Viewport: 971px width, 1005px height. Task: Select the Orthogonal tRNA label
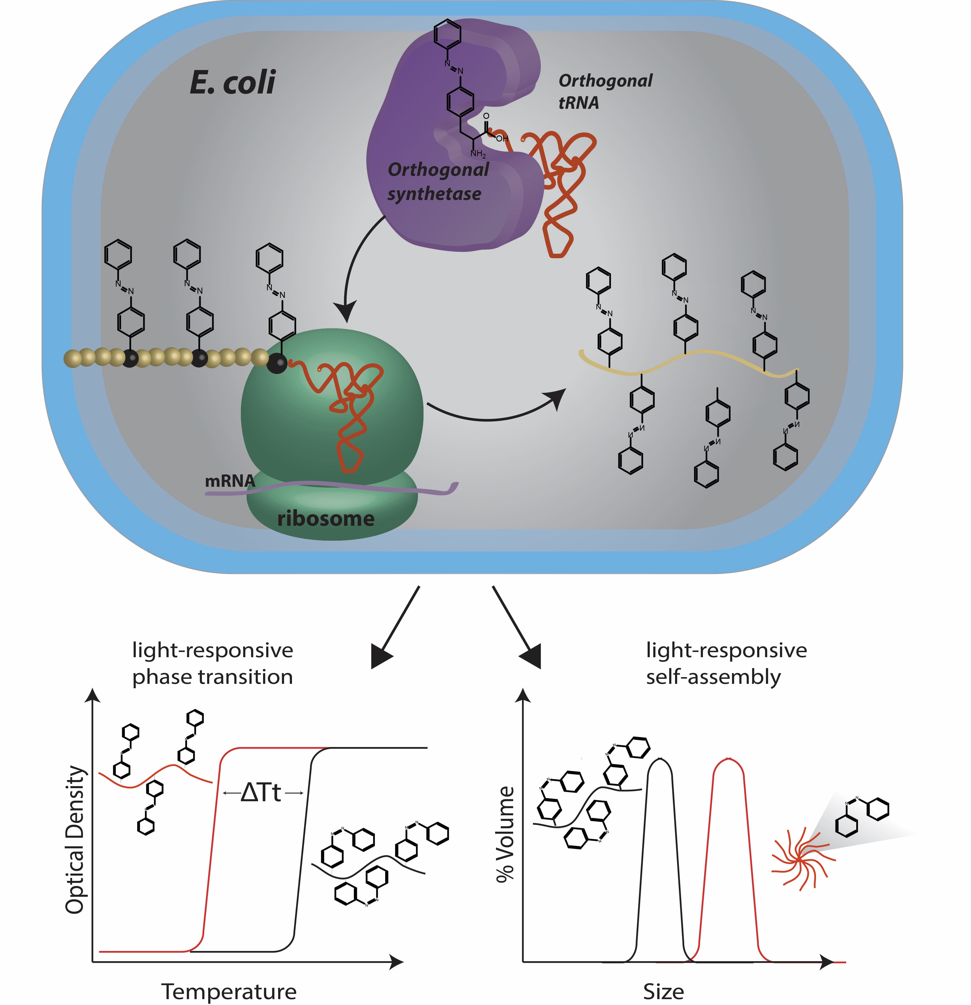605,91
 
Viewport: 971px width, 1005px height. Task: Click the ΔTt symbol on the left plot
261,793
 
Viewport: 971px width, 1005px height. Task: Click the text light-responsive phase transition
213,664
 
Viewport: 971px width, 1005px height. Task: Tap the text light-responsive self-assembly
726,664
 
